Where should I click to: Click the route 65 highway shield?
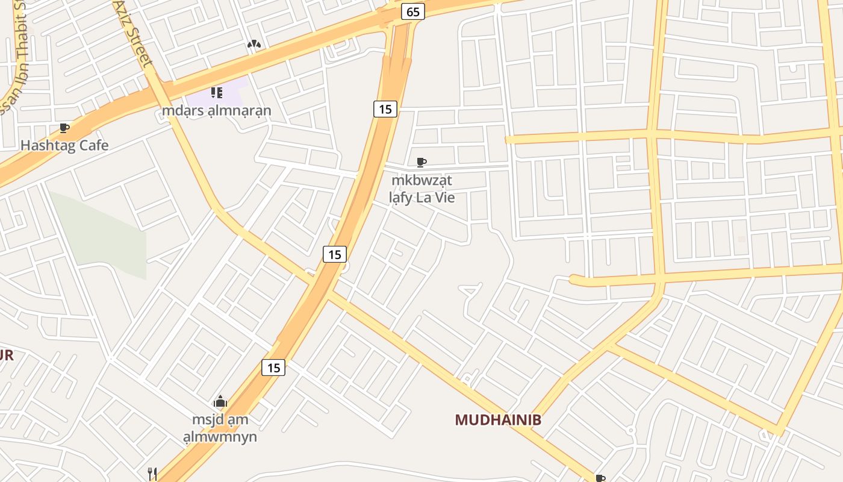point(412,11)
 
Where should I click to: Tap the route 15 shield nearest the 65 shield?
point(385,109)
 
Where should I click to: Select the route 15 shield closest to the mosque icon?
point(273,367)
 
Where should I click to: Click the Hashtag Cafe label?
point(64,145)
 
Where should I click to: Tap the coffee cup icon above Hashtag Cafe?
point(64,128)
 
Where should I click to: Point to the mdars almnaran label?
point(217,111)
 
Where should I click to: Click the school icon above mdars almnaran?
point(217,93)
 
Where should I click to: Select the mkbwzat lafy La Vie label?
point(421,189)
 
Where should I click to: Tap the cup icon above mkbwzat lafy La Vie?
point(421,162)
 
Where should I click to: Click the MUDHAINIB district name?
point(498,420)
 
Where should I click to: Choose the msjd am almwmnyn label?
point(220,428)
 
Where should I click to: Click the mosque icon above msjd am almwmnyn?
point(220,402)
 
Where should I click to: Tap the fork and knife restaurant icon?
point(152,474)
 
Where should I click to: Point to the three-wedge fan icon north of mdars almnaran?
point(254,44)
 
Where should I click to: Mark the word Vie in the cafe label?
point(443,197)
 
